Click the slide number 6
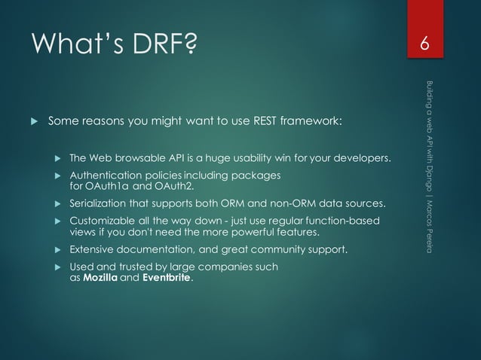click(x=425, y=46)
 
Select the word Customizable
click(x=103, y=221)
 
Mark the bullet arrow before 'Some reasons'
click(x=32, y=121)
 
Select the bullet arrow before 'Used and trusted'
click(x=57, y=267)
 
